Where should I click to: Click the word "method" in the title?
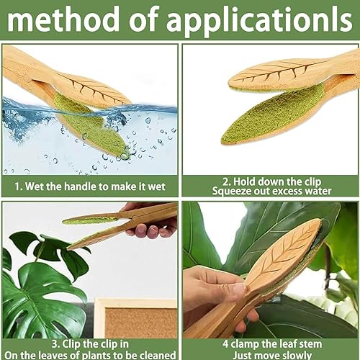pyautogui.click(x=63, y=19)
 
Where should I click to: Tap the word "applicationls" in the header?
pyautogui.click(x=259, y=22)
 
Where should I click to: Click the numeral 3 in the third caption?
pyautogui.click(x=55, y=344)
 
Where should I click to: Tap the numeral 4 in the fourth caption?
pyautogui.click(x=225, y=344)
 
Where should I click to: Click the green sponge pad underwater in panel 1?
pyautogui.click(x=91, y=125)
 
